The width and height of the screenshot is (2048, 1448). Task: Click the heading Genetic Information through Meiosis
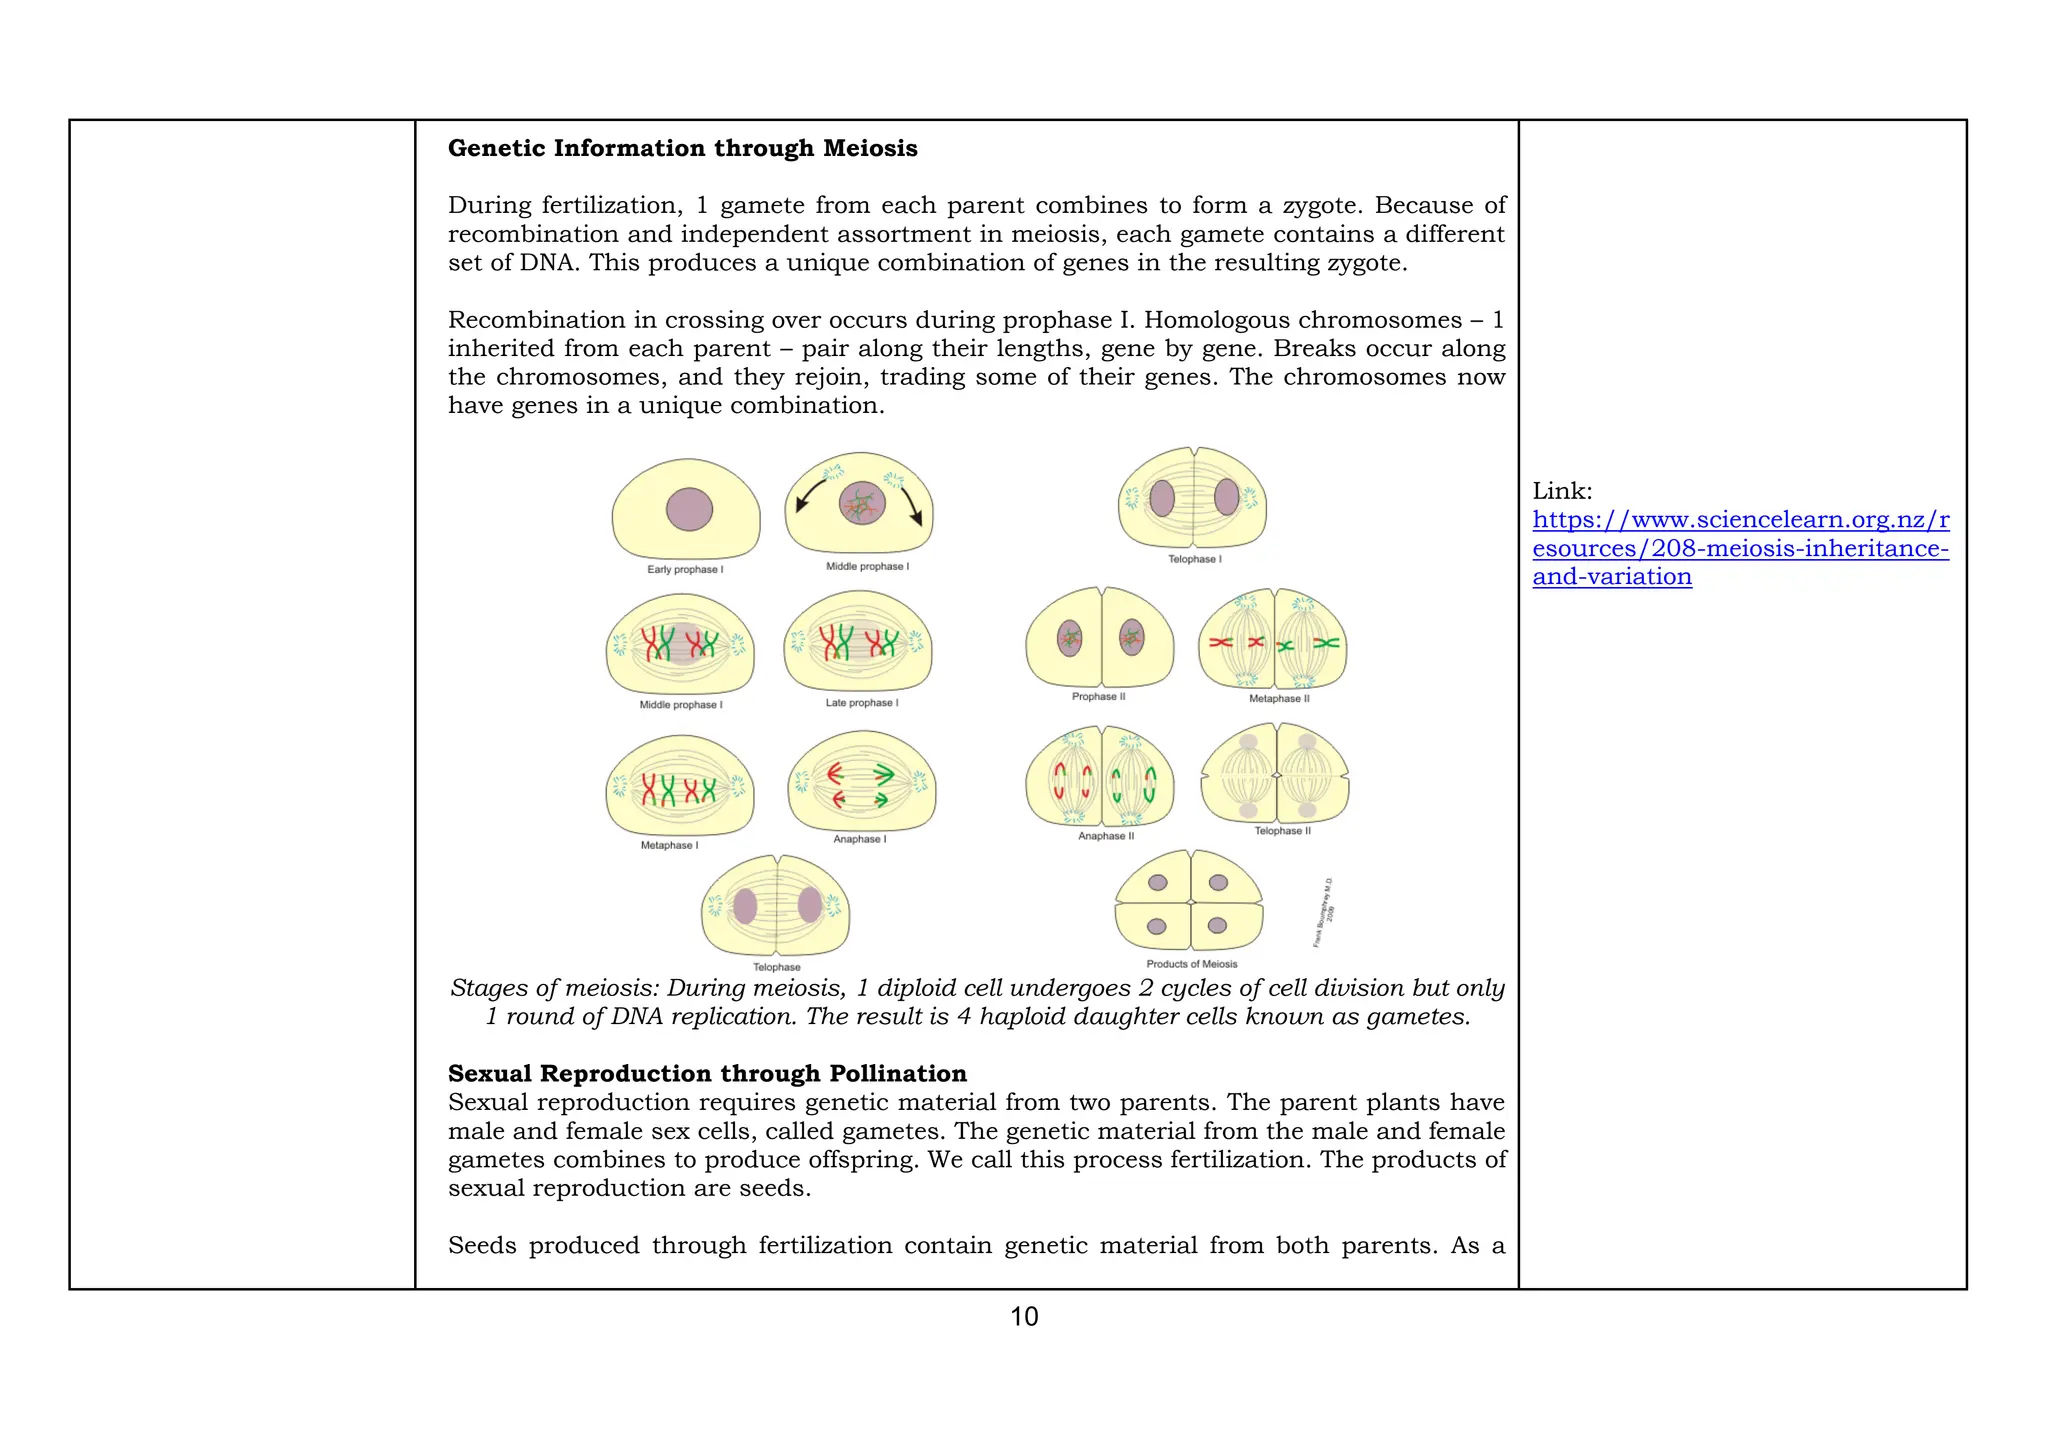(682, 148)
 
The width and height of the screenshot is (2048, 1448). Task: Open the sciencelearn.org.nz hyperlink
(1740, 548)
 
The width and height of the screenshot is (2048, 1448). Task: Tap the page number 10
(1024, 1316)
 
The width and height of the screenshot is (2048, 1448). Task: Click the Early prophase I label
(685, 569)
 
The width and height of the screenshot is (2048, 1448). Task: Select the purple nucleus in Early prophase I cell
(689, 509)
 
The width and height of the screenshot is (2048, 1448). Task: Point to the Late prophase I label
(861, 703)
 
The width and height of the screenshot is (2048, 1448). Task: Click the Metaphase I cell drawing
(680, 787)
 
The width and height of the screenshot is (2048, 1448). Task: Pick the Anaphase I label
(859, 839)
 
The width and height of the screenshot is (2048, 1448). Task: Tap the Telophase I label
(1194, 559)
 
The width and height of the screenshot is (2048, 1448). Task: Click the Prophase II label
(1098, 696)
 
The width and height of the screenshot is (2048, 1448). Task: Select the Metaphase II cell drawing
(1272, 640)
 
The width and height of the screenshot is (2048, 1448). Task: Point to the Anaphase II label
(1105, 836)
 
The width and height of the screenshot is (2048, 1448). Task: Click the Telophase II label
(1282, 831)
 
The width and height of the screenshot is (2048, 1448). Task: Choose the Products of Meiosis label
(1191, 964)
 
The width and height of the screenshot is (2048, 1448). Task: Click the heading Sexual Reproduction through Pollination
(706, 1073)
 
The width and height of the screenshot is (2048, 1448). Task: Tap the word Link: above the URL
(1562, 491)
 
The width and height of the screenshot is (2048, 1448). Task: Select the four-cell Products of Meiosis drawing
(1189, 902)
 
